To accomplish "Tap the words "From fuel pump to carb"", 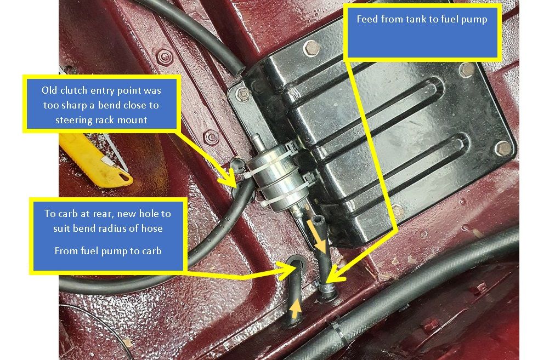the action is coord(107,251).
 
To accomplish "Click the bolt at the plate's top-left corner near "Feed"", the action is coord(312,48).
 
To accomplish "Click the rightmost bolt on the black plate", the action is coord(503,148).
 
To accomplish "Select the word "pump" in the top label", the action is coord(474,20).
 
